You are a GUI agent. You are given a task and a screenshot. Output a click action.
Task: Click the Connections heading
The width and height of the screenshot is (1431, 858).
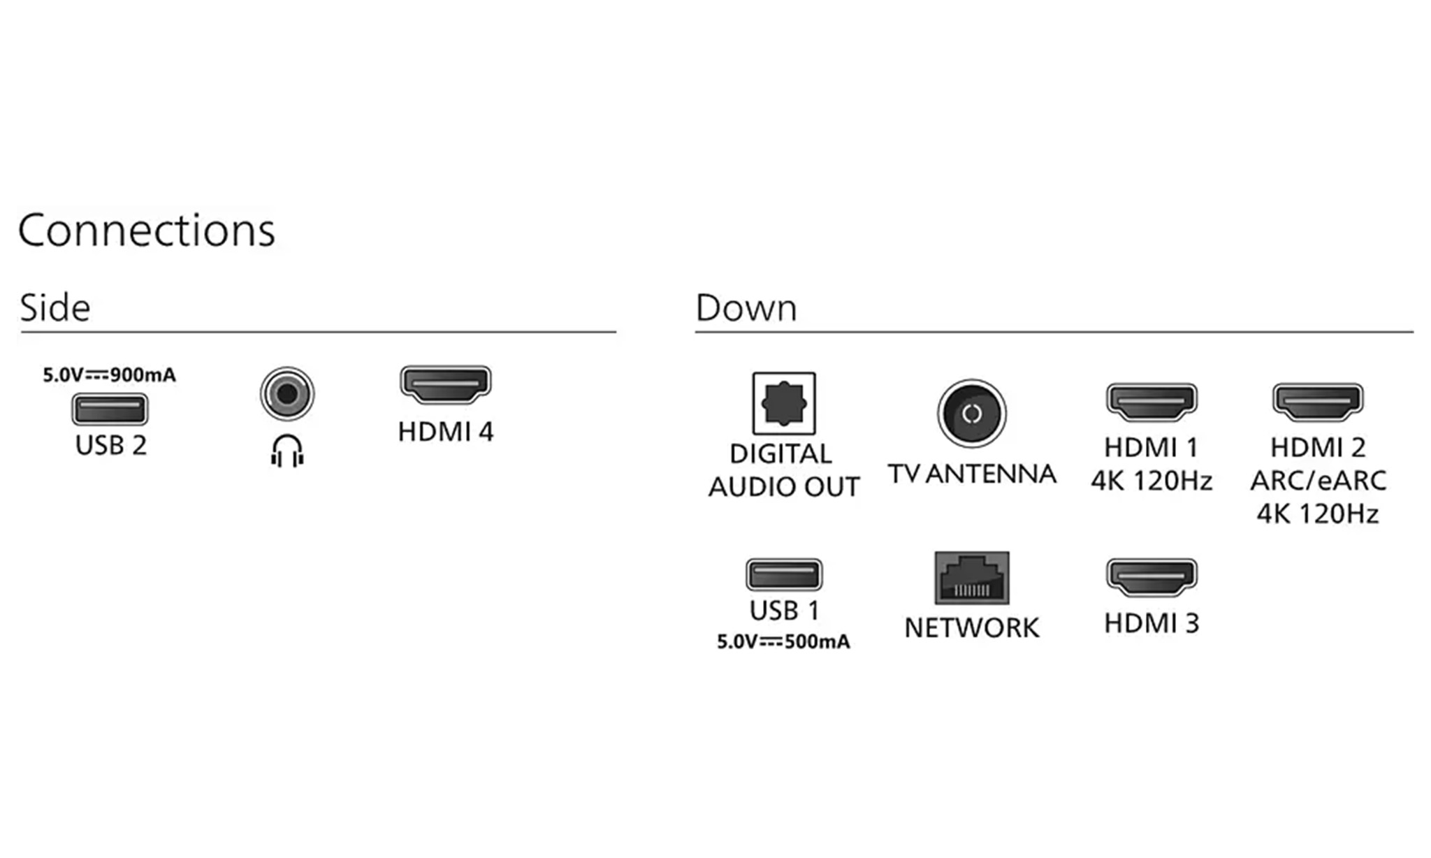[x=147, y=231]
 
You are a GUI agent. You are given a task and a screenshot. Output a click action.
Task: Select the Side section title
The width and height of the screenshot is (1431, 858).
[x=55, y=307]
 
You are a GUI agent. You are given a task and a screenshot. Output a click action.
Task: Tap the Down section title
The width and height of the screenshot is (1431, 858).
[x=746, y=307]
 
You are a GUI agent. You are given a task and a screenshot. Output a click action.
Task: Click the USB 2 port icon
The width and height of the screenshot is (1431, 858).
[x=110, y=409]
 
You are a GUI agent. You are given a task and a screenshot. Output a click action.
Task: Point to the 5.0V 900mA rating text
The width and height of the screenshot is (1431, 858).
[x=110, y=375]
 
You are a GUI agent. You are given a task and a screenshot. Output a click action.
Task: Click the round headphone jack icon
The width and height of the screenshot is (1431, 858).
[x=287, y=394]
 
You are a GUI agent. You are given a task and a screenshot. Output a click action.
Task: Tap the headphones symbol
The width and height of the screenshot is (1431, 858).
[x=287, y=451]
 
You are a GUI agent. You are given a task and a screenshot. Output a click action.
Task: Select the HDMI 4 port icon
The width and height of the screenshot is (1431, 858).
[x=446, y=384]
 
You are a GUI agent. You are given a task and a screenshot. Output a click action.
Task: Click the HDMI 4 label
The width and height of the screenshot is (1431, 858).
[x=446, y=432]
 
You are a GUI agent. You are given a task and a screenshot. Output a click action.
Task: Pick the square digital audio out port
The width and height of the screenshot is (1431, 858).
[x=784, y=403]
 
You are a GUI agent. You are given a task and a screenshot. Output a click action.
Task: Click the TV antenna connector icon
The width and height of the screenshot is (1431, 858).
[x=972, y=414]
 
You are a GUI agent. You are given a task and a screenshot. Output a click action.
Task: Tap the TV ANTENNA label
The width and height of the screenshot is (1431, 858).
[x=972, y=474]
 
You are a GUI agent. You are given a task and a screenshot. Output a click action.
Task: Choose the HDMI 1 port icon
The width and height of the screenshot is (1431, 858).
[x=1152, y=402]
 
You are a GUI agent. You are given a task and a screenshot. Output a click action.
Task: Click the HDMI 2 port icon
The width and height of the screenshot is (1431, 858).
[x=1318, y=402]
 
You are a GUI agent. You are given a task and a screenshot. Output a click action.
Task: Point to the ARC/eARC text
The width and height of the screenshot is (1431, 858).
[x=1319, y=481]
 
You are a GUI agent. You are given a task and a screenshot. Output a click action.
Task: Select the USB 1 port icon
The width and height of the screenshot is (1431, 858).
[x=784, y=575]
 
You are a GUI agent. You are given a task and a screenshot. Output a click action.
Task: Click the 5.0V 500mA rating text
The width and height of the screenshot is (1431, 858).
[x=784, y=641]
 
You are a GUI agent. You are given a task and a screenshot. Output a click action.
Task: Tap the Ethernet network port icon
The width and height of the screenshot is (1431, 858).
[x=972, y=578]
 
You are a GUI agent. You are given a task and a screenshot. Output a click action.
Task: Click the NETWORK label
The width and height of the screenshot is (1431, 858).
[x=972, y=628]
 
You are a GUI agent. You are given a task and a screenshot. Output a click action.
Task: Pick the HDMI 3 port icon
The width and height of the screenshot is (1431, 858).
[x=1152, y=577]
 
